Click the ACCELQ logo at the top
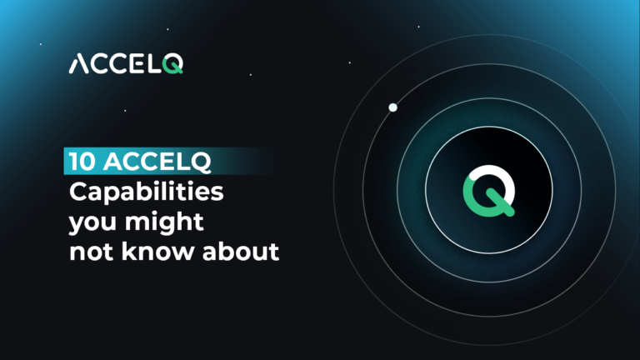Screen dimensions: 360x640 (126, 64)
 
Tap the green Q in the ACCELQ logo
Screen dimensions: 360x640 (172, 64)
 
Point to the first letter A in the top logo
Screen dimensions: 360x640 (80, 64)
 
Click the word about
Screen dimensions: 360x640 (240, 251)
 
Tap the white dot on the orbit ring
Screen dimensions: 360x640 (392, 107)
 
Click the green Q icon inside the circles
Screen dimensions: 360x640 (488, 191)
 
